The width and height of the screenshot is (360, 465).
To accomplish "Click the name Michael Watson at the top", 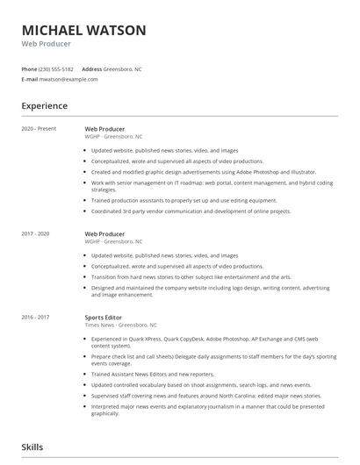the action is (x=84, y=30).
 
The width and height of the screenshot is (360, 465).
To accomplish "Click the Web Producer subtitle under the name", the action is (x=47, y=44).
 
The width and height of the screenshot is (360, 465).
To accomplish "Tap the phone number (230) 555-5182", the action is (x=57, y=68).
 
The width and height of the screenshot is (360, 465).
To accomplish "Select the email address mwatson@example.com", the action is (x=68, y=79).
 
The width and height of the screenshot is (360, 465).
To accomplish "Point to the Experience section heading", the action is (x=45, y=106).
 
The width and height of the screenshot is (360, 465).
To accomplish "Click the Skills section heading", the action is (x=32, y=447).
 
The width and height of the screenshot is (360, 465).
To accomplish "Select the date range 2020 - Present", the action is (x=40, y=129).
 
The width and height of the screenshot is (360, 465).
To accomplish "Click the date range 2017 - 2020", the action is (x=36, y=234).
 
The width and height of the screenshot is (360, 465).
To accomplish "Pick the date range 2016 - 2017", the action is (x=36, y=317).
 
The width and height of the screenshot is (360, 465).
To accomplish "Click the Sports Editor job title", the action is (x=104, y=317).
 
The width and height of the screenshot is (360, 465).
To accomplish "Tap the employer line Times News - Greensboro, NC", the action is (x=121, y=325).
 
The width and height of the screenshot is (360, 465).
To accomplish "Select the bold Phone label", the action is (x=30, y=68).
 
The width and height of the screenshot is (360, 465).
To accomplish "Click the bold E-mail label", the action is (x=30, y=79).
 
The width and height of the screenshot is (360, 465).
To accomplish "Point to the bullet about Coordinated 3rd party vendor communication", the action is (x=191, y=211).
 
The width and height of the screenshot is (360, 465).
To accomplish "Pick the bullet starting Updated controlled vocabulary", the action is (x=201, y=384).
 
